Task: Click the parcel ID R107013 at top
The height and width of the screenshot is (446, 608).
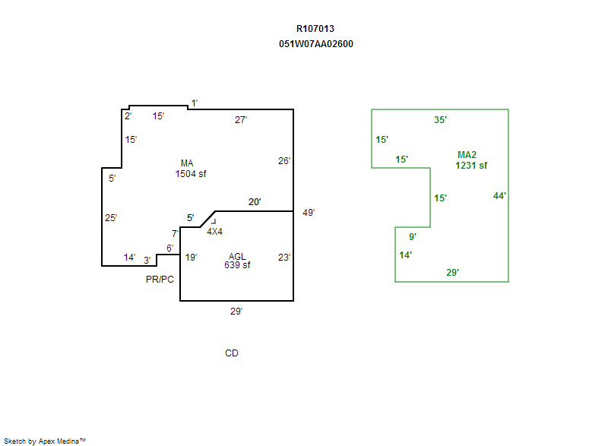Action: pyautogui.click(x=315, y=29)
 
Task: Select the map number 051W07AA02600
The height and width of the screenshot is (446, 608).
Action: pyautogui.click(x=315, y=44)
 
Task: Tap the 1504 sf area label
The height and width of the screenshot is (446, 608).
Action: pyautogui.click(x=190, y=174)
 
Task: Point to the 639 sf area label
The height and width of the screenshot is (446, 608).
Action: pyautogui.click(x=237, y=265)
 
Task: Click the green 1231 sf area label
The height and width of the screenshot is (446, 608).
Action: pyautogui.click(x=471, y=165)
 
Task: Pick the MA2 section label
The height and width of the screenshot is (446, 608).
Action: pyautogui.click(x=467, y=155)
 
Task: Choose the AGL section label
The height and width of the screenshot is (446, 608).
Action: pyautogui.click(x=236, y=256)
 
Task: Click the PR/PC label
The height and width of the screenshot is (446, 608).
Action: pyautogui.click(x=160, y=280)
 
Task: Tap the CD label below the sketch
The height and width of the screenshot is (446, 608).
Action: pyautogui.click(x=232, y=353)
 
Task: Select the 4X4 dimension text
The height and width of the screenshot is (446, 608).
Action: pyautogui.click(x=214, y=231)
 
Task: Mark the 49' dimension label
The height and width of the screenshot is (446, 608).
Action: pyautogui.click(x=308, y=213)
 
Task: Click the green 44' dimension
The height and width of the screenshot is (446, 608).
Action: pyautogui.click(x=499, y=196)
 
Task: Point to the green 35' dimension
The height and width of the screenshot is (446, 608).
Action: pyautogui.click(x=440, y=120)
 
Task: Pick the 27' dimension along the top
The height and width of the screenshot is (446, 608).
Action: pyautogui.click(x=241, y=120)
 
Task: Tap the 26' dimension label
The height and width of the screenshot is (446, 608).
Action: pyautogui.click(x=283, y=161)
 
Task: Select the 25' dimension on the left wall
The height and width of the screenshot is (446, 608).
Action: pyautogui.click(x=111, y=218)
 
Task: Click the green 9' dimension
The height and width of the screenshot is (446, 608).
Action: pyautogui.click(x=413, y=237)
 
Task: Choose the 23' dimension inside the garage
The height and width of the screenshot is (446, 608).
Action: pyautogui.click(x=283, y=258)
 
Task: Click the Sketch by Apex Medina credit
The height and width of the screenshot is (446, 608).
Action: pyautogui.click(x=45, y=441)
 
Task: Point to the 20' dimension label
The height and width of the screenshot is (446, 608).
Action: pyautogui.click(x=255, y=202)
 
